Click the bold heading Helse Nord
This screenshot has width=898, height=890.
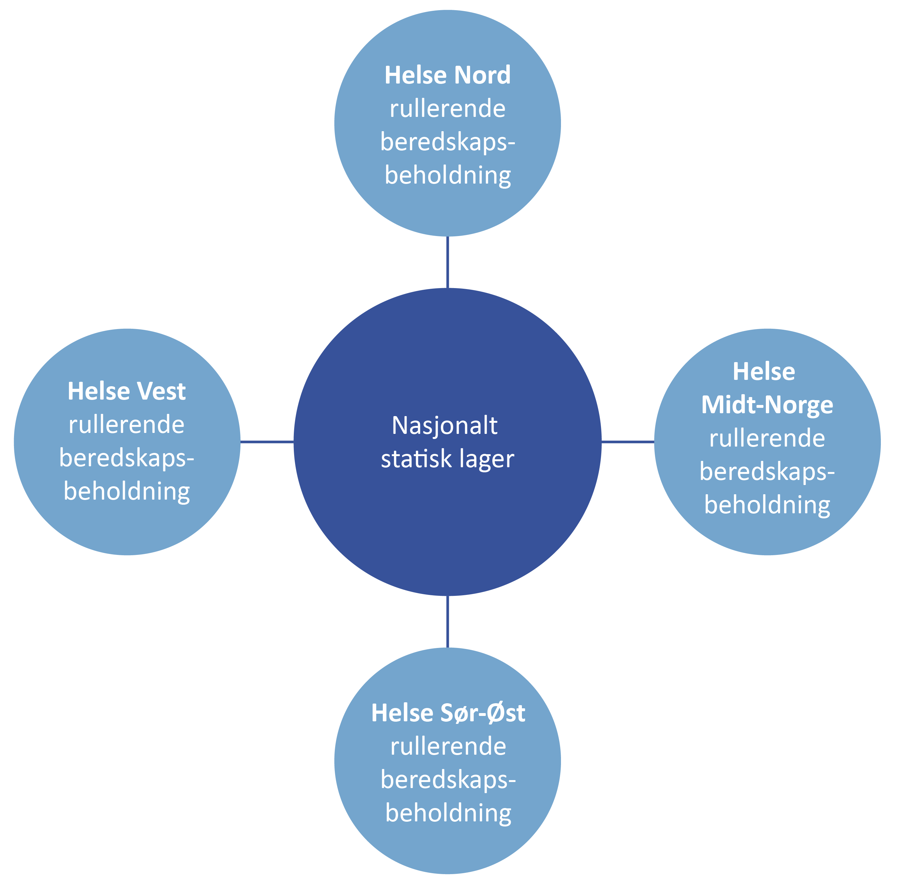[447, 75]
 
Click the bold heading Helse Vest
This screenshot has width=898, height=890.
[126, 391]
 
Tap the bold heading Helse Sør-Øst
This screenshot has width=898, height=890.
[448, 713]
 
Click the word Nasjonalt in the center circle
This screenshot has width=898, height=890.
[444, 426]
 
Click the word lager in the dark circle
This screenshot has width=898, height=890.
[487, 460]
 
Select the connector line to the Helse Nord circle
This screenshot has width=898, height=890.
[447, 262]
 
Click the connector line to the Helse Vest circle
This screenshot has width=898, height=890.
[267, 442]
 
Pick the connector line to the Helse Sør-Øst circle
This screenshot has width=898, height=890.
[447, 621]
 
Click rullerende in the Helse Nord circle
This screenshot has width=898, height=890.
[447, 109]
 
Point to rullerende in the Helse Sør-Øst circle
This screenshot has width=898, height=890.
[448, 746]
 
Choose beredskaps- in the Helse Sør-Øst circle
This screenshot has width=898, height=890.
[448, 780]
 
